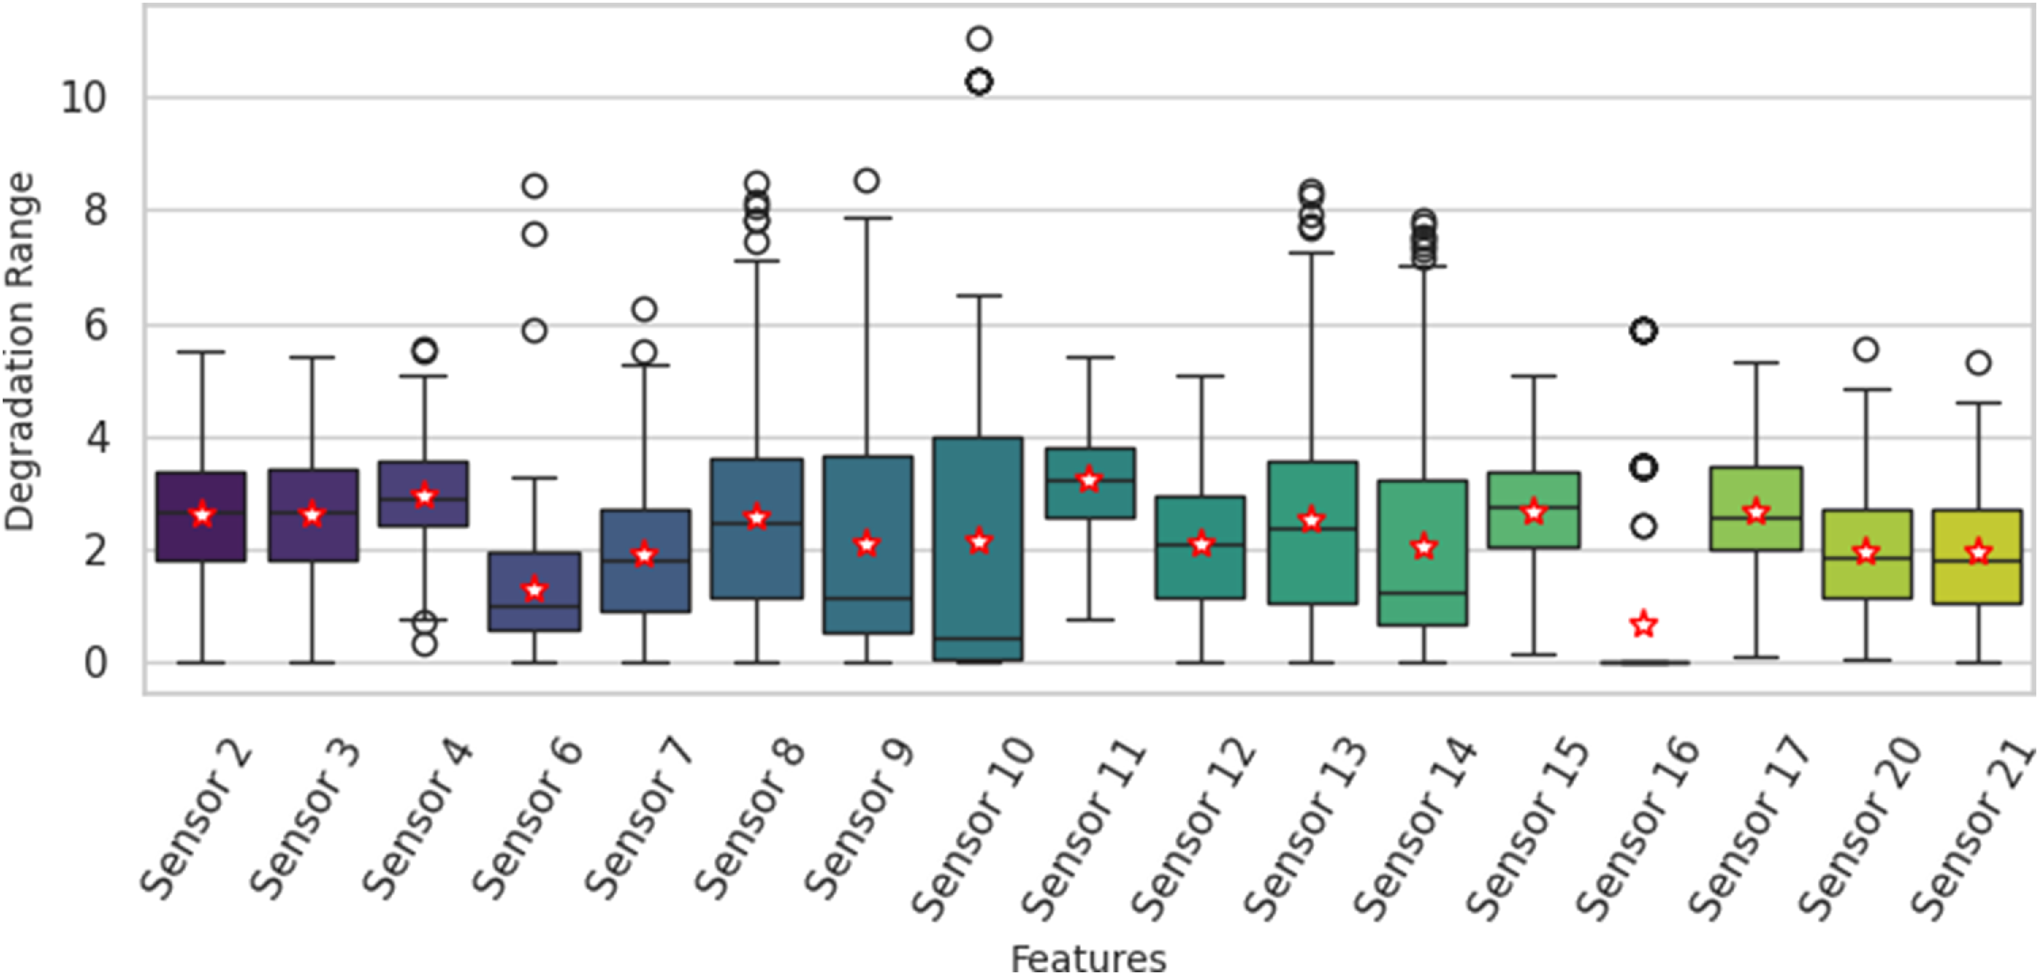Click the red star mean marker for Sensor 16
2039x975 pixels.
(1644, 624)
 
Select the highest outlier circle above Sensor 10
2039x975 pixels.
(979, 38)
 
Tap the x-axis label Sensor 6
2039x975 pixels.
(527, 818)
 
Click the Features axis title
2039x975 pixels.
(1089, 958)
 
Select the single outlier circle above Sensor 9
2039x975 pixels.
(868, 181)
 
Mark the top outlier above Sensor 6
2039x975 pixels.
(535, 186)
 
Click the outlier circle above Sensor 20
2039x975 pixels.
(1867, 349)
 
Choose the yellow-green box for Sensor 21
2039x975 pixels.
(1978, 556)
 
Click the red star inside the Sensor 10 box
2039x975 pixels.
(979, 542)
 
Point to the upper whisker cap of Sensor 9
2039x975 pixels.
(868, 217)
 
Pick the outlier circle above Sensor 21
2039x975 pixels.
(1978, 363)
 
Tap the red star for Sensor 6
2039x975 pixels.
(535, 589)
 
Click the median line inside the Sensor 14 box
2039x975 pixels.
(1423, 592)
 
